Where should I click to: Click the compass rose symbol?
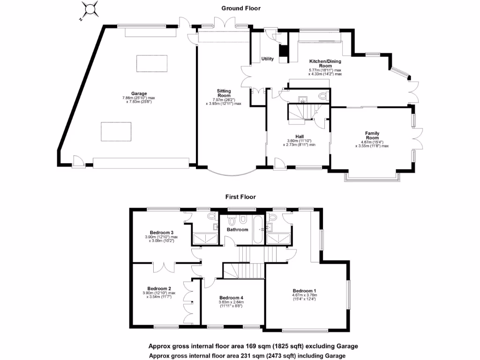coord(90,10)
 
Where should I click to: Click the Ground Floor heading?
coord(241,8)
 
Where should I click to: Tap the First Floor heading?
coord(241,197)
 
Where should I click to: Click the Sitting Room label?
coord(224,93)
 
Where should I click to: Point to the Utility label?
coord(267,59)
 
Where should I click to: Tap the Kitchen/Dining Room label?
coord(325,64)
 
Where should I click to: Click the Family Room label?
coord(372,136)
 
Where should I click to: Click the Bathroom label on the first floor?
coord(238,230)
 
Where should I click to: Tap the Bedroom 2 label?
coord(159,288)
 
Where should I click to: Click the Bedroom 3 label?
coord(162,232)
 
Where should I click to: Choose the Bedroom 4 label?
coord(231,298)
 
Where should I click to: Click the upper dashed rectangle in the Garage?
coord(148,63)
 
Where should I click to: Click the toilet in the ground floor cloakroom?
coord(322,96)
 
